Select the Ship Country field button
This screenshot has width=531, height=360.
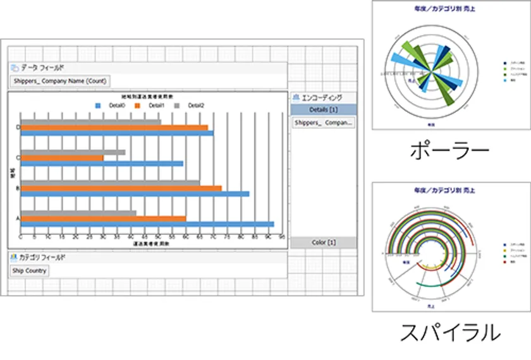pyautogui.click(x=29, y=270)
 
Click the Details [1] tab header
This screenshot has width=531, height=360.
pyautogui.click(x=323, y=110)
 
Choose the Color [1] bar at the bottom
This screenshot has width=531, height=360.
pyautogui.click(x=323, y=243)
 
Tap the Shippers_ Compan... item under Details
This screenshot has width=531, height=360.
pyautogui.click(x=323, y=123)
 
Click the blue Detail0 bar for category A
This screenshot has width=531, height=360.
pyautogui.click(x=147, y=224)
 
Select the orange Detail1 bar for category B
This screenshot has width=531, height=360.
pyautogui.click(x=121, y=188)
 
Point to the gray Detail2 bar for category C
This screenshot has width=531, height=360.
pyautogui.click(x=73, y=152)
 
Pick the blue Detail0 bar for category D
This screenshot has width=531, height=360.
pyautogui.click(x=116, y=133)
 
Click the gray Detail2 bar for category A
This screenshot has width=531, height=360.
pyautogui.click(x=78, y=213)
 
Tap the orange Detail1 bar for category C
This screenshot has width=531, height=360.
pyautogui.click(x=62, y=158)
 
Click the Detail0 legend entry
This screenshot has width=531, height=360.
pyautogui.click(x=110, y=105)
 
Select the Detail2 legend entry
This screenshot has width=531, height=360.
pyautogui.click(x=190, y=105)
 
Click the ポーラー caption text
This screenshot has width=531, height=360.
pyautogui.click(x=449, y=150)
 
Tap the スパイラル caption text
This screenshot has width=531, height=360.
pyautogui.click(x=449, y=332)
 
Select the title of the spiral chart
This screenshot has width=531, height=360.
pyautogui.click(x=449, y=189)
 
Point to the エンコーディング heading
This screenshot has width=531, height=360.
pyautogui.click(x=322, y=97)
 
